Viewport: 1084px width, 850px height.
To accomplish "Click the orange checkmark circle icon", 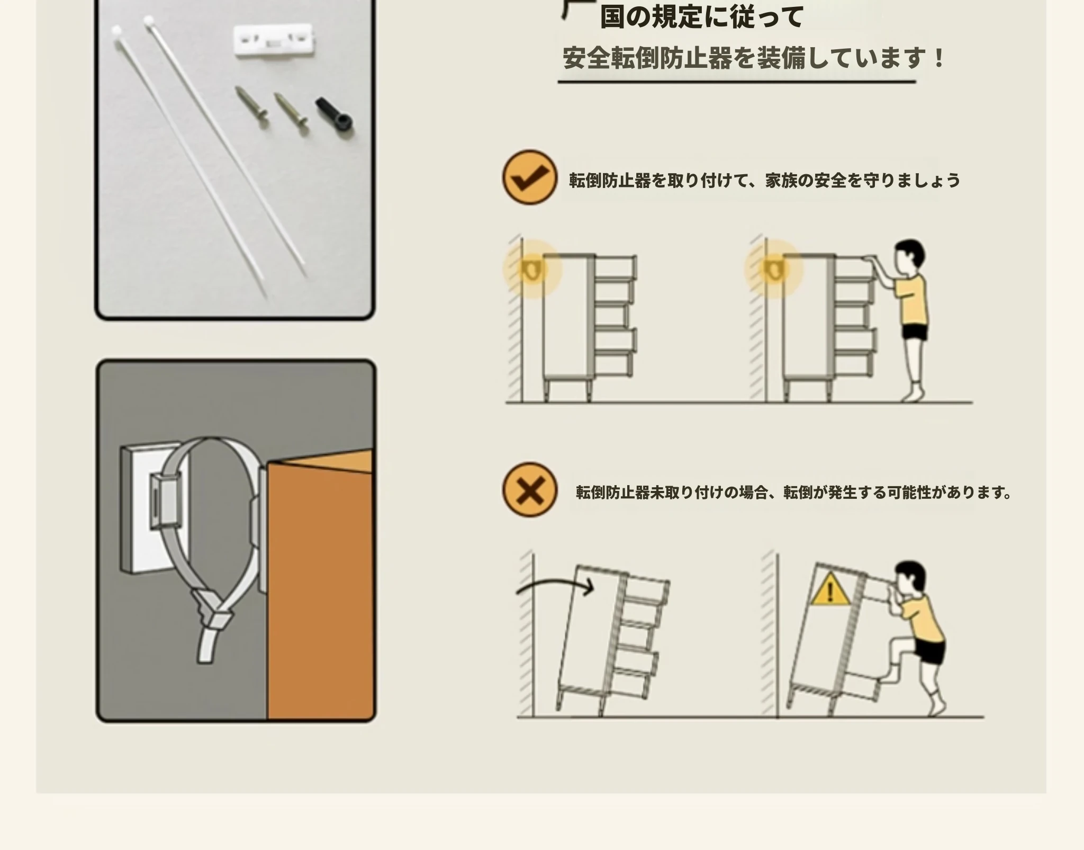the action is (529, 177).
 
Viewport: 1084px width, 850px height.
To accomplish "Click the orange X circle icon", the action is (529, 489).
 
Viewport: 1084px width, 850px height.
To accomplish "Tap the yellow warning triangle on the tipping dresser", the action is (830, 589).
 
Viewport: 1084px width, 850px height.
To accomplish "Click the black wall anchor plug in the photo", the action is (335, 117).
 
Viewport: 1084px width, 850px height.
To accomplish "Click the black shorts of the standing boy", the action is (915, 332).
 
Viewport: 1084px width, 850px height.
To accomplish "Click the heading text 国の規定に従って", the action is (701, 17).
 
